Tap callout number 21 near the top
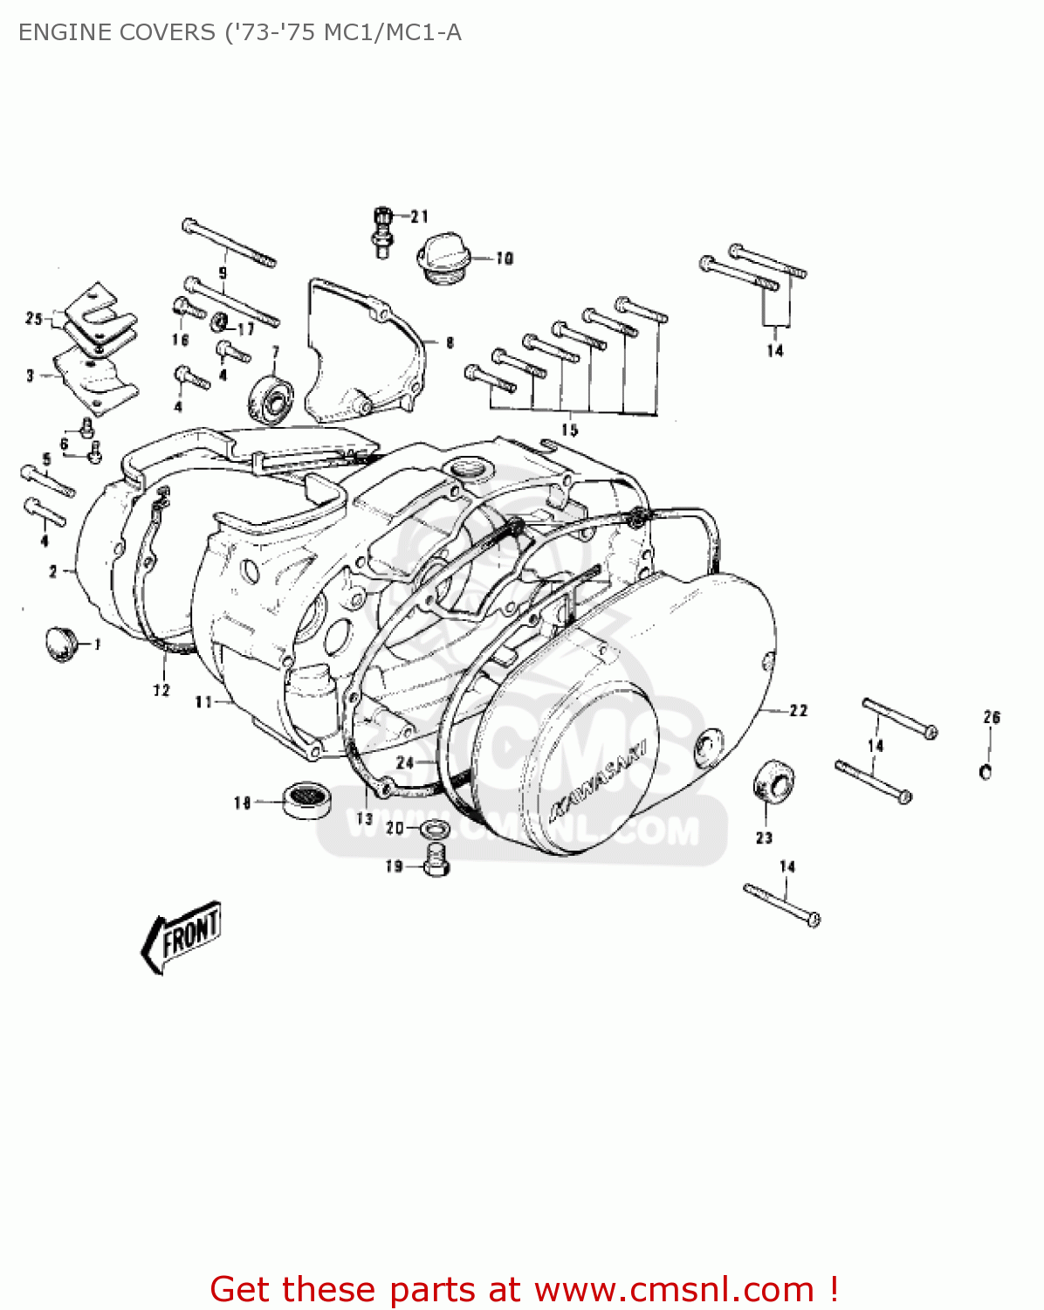click(x=420, y=217)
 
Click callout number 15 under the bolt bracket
click(x=569, y=430)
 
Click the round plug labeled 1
click(x=60, y=644)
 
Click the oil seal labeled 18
click(x=308, y=799)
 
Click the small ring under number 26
click(x=986, y=771)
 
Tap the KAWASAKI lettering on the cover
click(x=598, y=783)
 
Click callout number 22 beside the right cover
click(x=798, y=711)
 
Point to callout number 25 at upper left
click(x=33, y=319)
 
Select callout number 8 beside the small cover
click(x=450, y=343)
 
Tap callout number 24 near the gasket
click(x=405, y=762)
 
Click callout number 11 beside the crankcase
click(x=203, y=702)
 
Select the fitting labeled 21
click(x=381, y=232)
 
